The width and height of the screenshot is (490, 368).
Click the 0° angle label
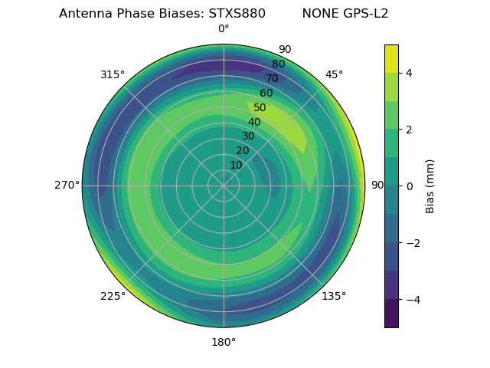click(224, 29)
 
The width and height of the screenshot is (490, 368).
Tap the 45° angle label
click(334, 74)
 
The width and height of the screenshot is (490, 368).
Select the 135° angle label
click(334, 296)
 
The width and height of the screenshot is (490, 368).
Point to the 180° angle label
click(224, 342)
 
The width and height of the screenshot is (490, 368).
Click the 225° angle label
click(113, 296)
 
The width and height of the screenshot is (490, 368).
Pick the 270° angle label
click(67, 186)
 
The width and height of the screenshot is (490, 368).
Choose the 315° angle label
click(113, 74)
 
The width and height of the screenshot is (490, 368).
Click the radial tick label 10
click(236, 165)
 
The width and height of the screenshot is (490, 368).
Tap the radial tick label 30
click(248, 136)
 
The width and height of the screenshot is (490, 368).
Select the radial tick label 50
click(260, 108)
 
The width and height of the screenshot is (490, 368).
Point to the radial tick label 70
click(272, 79)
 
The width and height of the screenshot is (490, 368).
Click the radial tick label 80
click(278, 64)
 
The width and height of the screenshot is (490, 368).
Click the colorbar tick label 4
click(408, 73)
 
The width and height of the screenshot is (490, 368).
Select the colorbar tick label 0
click(408, 186)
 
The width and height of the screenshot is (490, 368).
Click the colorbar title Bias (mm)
click(430, 186)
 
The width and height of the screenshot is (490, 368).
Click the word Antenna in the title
click(84, 14)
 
